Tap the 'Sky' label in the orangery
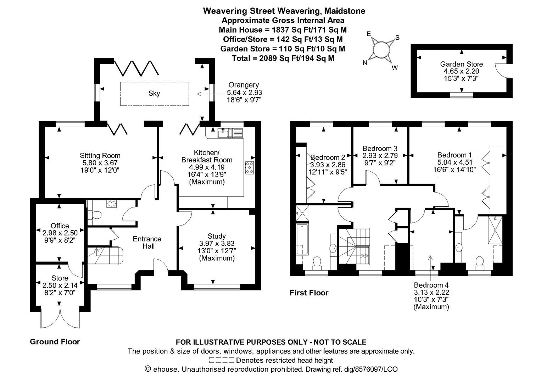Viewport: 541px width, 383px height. click(x=154, y=93)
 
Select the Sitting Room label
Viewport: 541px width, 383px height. click(x=100, y=155)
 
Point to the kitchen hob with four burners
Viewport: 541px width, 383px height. click(x=249, y=167)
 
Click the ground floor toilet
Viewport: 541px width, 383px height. click(x=95, y=215)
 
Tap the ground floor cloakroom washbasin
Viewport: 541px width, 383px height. click(x=112, y=204)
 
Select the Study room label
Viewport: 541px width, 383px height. click(x=217, y=236)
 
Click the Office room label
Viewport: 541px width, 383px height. click(x=60, y=226)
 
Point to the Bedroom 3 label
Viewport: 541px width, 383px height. click(x=380, y=148)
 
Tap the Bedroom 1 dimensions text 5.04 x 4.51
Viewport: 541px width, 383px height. click(x=454, y=162)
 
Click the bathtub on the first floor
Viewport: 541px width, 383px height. click(x=302, y=239)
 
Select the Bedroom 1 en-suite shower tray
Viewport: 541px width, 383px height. click(x=495, y=229)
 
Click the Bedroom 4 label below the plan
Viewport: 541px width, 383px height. click(x=431, y=285)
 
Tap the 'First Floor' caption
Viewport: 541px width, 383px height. click(x=309, y=293)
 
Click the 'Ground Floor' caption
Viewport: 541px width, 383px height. click(x=55, y=342)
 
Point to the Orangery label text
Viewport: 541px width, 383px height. click(x=244, y=85)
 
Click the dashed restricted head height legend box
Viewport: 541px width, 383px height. click(x=222, y=361)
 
